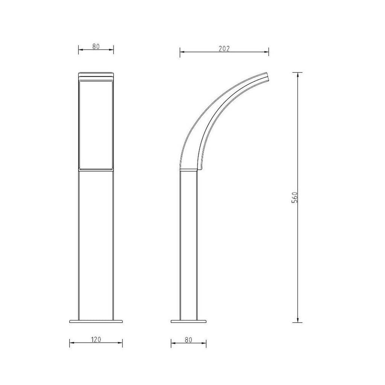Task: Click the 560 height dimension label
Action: coord(295,197)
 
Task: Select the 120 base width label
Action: coord(96,340)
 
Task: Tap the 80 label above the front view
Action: coord(96,46)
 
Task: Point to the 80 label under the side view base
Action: coord(189,340)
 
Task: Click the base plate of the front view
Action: coord(96,321)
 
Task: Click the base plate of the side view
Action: coord(189,321)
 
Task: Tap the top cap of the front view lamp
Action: coord(96,74)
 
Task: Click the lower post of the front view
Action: coord(96,244)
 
